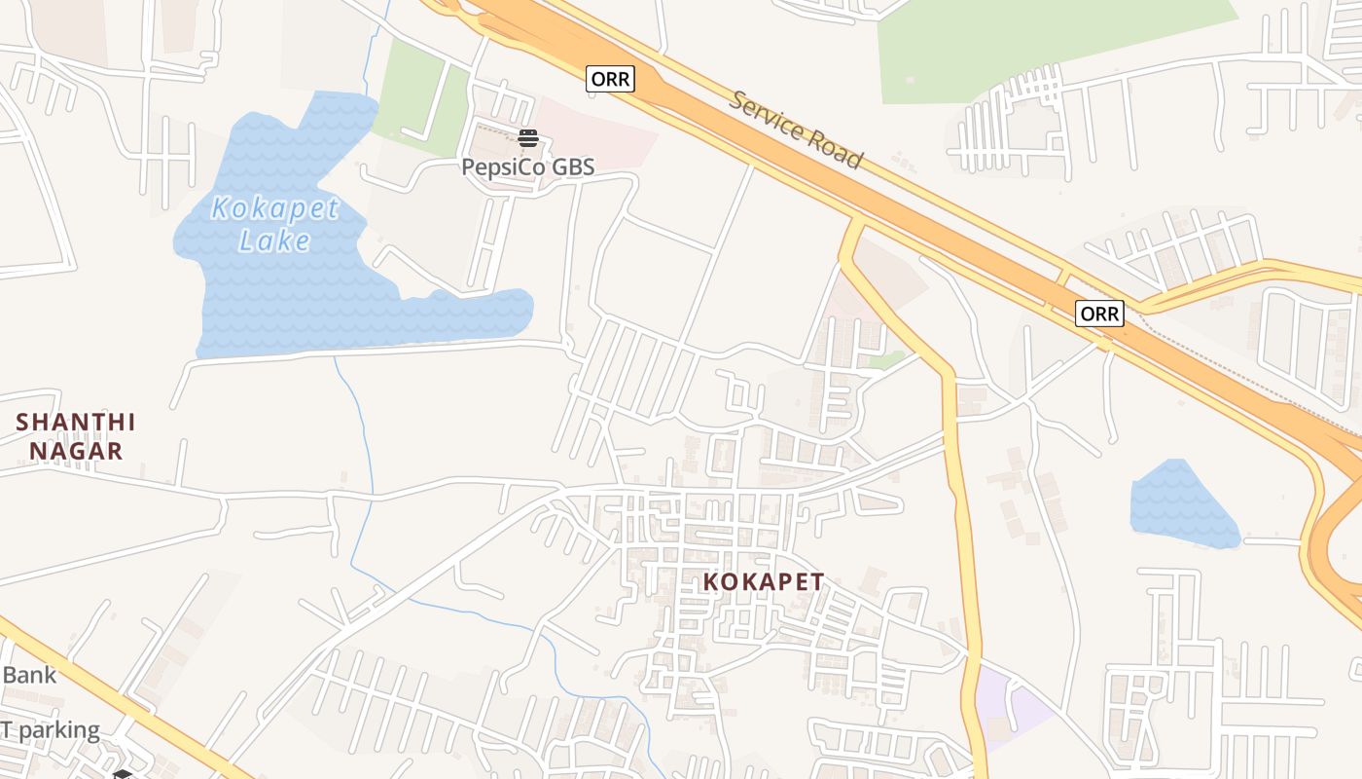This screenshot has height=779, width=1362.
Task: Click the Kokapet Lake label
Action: click(x=275, y=224)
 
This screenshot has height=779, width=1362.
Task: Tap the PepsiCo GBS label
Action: click(x=527, y=167)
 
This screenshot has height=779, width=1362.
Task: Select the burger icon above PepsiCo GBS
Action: click(x=528, y=138)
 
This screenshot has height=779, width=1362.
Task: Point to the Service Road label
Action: click(x=796, y=130)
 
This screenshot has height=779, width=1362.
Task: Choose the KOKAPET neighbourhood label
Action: click(x=764, y=581)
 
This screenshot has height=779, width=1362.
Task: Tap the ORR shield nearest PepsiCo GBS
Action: click(x=610, y=79)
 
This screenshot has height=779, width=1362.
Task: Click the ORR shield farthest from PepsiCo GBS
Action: click(x=1099, y=314)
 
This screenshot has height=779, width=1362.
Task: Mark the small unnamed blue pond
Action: click(x=1181, y=504)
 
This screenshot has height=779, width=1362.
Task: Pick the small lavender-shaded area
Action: click(x=1012, y=706)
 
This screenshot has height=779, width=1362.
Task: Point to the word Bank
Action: click(x=29, y=675)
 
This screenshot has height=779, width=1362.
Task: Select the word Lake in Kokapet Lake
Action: click(x=275, y=241)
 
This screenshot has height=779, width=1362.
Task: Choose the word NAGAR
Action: click(x=76, y=451)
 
